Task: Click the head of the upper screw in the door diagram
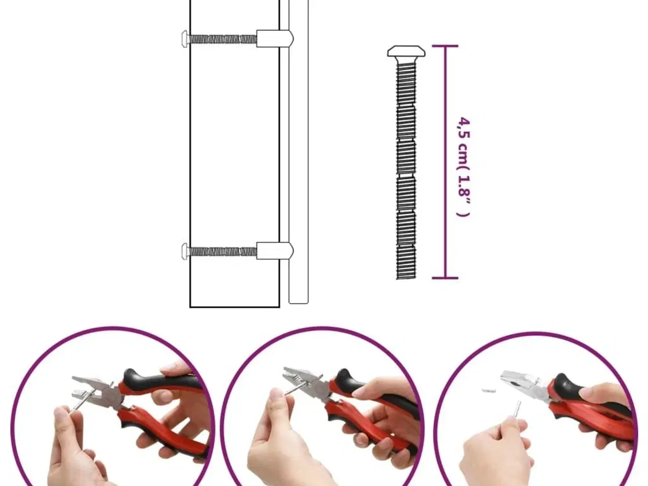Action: click(185, 38)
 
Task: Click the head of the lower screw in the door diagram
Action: click(185, 252)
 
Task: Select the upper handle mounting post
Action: click(274, 38)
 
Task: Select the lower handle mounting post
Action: click(274, 251)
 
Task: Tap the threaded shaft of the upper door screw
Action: click(223, 39)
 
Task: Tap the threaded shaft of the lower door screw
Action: click(223, 252)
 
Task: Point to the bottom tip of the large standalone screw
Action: click(406, 278)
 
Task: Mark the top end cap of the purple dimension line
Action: click(445, 46)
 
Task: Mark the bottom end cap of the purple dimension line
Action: click(445, 278)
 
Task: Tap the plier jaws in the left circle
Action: click(88, 387)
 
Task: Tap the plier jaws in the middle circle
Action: click(298, 378)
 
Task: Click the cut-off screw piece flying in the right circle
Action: click(489, 391)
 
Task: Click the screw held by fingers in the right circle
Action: click(517, 410)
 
